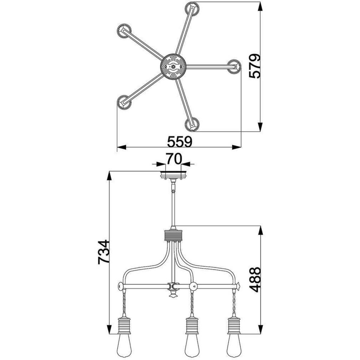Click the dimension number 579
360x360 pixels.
[255, 66]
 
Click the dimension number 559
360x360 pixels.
[179, 142]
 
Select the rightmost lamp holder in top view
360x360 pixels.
[234, 67]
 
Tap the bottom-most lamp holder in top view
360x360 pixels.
[192, 124]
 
